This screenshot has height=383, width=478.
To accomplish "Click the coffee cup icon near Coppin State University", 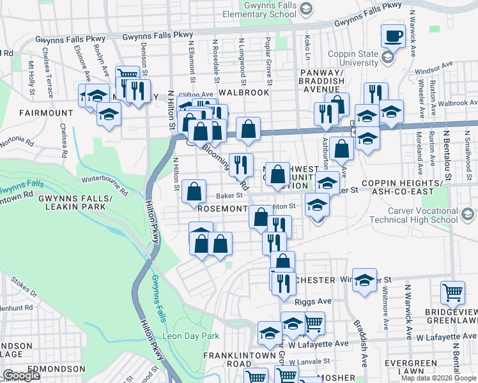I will (x=393, y=35).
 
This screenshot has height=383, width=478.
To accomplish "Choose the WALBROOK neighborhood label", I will (x=243, y=93).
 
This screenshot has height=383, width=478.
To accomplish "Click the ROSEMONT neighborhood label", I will (x=222, y=209).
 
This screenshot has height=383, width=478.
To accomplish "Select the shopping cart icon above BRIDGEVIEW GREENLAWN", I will (x=452, y=293).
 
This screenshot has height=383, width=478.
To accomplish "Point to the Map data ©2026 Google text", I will (x=438, y=378).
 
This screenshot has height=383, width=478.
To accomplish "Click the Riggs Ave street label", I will (x=313, y=301).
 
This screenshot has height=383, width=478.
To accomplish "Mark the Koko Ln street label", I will (x=307, y=49).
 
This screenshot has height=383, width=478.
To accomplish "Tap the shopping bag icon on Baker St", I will (x=194, y=191).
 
